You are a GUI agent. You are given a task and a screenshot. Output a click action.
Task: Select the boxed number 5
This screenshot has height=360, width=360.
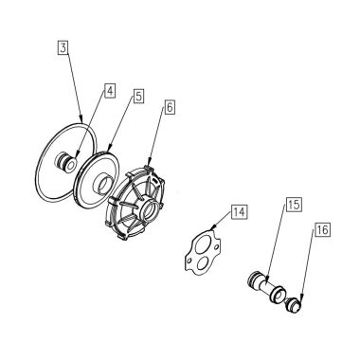pyautogui.click(x=137, y=96)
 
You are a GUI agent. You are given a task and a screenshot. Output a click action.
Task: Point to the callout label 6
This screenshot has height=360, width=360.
pyautogui.click(x=170, y=109)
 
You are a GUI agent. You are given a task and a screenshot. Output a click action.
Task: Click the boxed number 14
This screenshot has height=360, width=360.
pyautogui.click(x=239, y=212)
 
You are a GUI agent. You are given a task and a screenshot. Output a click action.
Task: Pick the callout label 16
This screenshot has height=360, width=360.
pyautogui.click(x=321, y=230)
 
